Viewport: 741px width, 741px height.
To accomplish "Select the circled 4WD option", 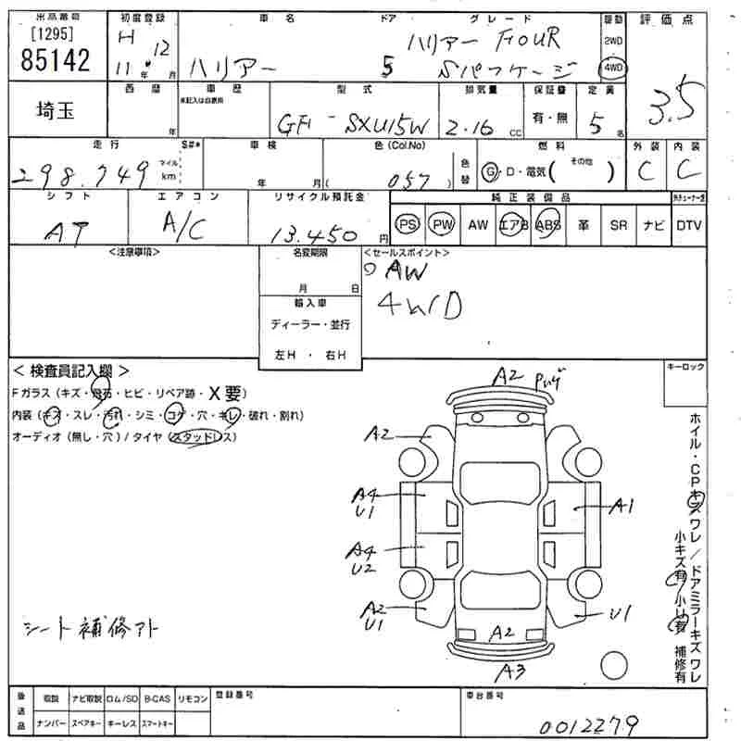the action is pyautogui.click(x=613, y=68).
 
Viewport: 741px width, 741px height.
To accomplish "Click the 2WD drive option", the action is pyautogui.click(x=613, y=42).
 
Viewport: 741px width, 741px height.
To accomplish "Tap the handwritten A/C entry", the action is pyautogui.click(x=183, y=225).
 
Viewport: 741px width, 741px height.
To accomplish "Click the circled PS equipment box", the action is pyautogui.click(x=407, y=225).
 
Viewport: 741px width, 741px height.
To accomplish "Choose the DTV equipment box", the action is pyautogui.click(x=688, y=225).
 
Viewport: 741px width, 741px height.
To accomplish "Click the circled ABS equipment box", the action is pyautogui.click(x=548, y=225).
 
